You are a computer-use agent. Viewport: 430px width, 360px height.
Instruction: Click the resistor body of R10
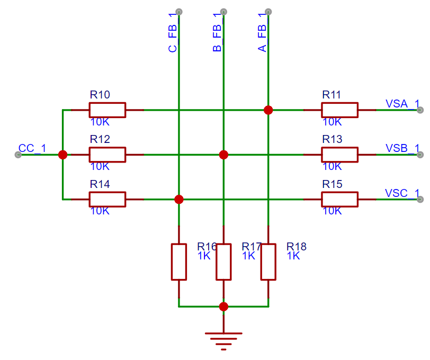[x=107, y=110]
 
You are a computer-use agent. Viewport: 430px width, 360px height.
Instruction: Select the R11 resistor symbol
[x=339, y=110]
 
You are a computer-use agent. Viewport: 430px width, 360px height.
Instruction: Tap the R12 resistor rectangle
[x=107, y=155]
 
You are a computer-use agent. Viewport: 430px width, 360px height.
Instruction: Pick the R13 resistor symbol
[x=339, y=155]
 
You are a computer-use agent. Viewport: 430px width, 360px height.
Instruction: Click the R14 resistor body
[x=107, y=200]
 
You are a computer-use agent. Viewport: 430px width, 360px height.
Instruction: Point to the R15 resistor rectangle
[x=339, y=200]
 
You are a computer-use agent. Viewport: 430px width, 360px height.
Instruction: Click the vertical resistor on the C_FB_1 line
[x=179, y=262]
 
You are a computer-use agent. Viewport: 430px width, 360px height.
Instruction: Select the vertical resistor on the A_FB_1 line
[x=268, y=262]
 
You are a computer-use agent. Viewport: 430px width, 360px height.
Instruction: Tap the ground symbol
[x=223, y=341]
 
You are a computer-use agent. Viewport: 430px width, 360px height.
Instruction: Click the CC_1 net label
[x=32, y=148]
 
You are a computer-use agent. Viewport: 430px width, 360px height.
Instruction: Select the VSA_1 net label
[x=402, y=104]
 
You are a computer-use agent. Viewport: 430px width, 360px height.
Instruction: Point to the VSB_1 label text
[x=402, y=148]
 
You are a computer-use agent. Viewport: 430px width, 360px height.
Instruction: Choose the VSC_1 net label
[x=402, y=193]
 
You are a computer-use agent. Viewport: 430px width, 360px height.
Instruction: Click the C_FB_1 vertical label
[x=173, y=32]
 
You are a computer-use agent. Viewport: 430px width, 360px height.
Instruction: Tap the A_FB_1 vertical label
[x=262, y=32]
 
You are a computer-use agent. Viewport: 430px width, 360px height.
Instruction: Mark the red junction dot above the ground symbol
[x=223, y=307]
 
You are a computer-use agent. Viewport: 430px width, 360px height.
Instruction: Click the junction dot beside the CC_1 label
[x=63, y=155]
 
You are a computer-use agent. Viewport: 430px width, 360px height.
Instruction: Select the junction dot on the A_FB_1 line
[x=268, y=110]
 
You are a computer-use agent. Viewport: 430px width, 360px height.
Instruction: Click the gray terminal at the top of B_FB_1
[x=223, y=12]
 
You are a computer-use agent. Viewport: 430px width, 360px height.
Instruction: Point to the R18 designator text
[x=297, y=247]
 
